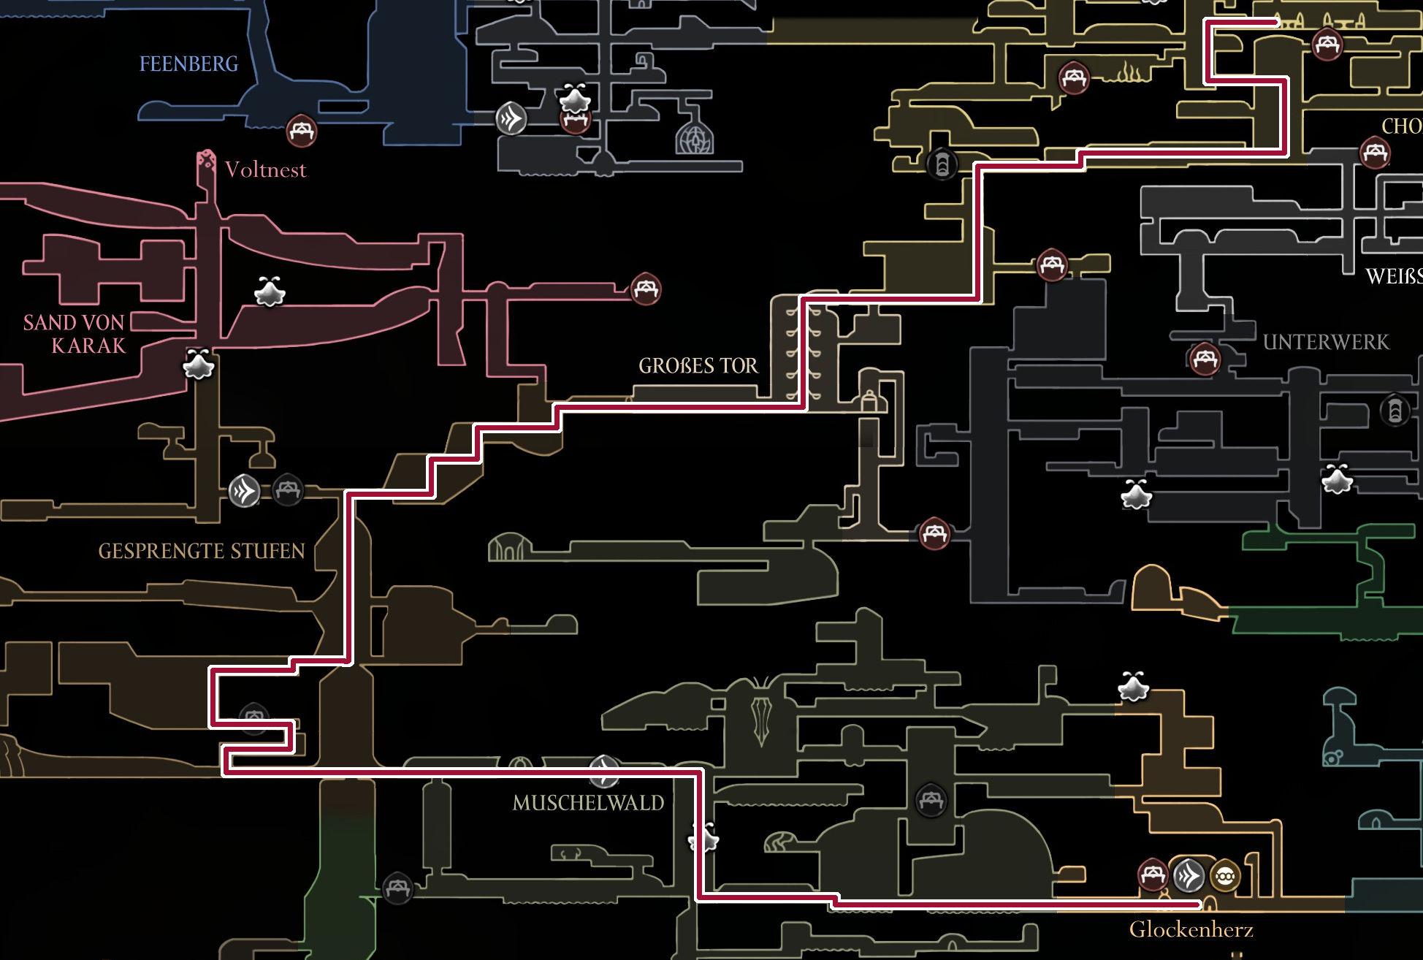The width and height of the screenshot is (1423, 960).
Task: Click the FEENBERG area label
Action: [x=188, y=64]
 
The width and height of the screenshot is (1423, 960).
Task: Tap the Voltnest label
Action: [x=265, y=170]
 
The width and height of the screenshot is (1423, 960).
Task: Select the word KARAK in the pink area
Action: [x=88, y=346]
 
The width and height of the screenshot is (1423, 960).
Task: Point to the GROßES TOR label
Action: [x=698, y=365]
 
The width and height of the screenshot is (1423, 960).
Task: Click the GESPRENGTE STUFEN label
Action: [x=202, y=551]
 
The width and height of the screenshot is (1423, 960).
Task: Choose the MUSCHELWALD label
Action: [x=588, y=803]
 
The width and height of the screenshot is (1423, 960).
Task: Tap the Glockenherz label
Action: [x=1191, y=929]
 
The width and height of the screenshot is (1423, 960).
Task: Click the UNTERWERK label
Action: [x=1326, y=342]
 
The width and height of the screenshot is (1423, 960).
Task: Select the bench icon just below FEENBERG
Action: [x=301, y=132]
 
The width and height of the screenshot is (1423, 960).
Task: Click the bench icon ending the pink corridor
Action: [x=646, y=289]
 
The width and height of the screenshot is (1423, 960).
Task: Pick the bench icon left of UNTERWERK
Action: [x=1205, y=359]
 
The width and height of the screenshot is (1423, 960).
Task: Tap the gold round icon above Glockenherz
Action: [x=1225, y=875]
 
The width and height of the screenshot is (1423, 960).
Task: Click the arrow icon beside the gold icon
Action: [x=1189, y=875]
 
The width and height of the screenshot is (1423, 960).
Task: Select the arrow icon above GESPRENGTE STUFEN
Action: [x=245, y=490]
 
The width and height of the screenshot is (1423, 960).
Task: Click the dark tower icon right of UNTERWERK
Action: [x=1395, y=410]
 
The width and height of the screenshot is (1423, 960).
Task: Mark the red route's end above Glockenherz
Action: [x=1198, y=904]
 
